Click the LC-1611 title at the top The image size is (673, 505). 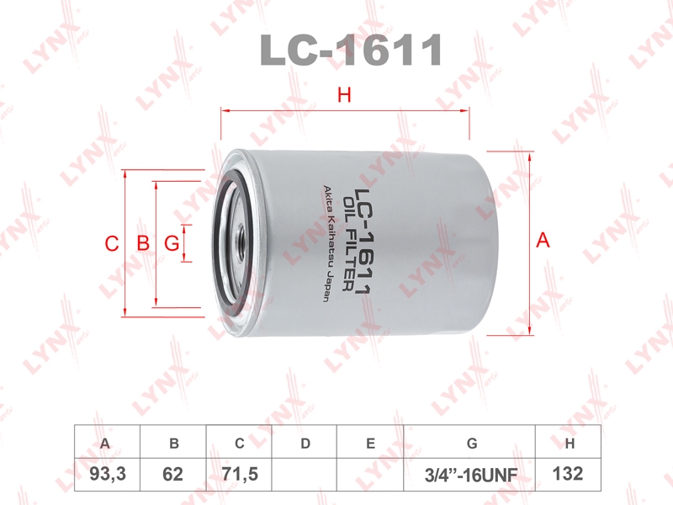(351, 50)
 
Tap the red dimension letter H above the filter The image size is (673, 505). (344, 95)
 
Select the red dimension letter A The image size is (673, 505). (543, 240)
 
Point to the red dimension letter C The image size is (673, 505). (112, 243)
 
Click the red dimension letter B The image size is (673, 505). (143, 243)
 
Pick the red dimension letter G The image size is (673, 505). (172, 243)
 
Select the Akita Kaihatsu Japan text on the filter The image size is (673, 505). (326, 243)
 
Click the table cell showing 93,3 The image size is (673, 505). (108, 475)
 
